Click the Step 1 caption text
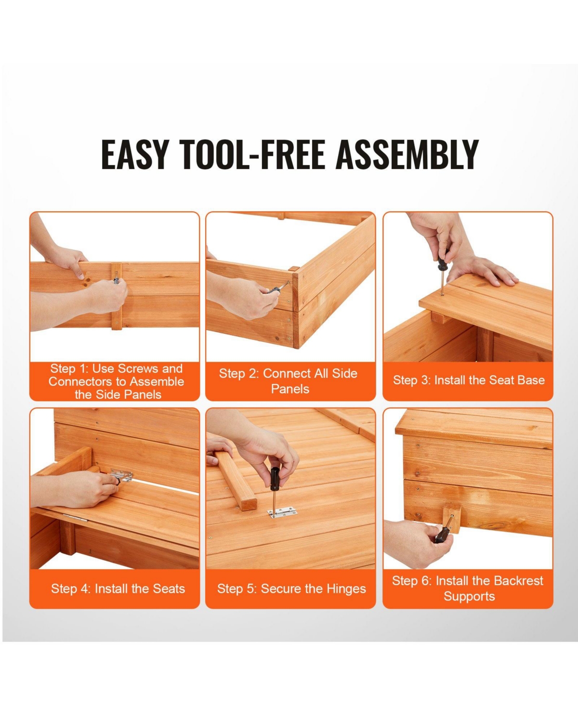116,381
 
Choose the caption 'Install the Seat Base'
469,380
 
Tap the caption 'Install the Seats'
118,588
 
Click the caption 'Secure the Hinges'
291,588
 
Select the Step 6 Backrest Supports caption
468,588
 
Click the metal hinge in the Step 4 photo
122,477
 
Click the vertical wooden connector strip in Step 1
117,296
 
